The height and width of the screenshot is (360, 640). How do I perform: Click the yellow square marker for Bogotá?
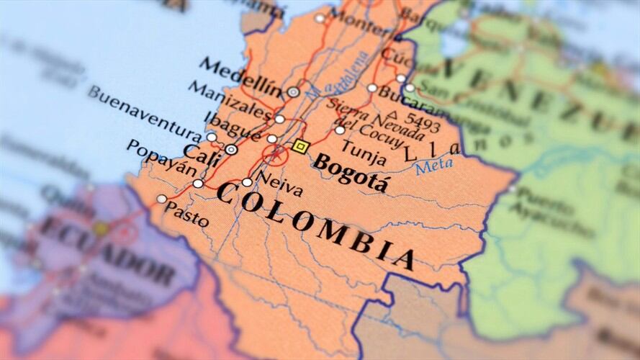click(301, 147)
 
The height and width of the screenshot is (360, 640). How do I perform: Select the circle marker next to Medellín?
click(293, 92)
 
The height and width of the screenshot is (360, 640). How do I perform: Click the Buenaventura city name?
click(144, 114)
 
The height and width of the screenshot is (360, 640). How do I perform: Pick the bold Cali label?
click(201, 153)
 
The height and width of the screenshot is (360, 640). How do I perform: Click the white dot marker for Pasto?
click(162, 199)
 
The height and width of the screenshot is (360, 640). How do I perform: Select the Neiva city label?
click(280, 185)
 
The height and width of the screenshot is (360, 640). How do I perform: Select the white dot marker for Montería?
click(320, 17)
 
